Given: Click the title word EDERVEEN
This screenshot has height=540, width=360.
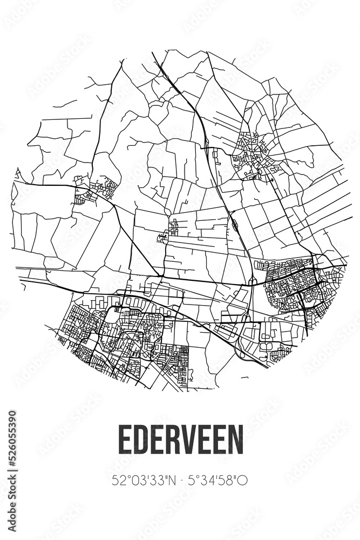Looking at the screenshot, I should tap(180, 440).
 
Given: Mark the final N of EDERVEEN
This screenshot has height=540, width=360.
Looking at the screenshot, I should tap(236, 440).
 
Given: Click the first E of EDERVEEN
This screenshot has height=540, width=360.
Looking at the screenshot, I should tap(125, 440).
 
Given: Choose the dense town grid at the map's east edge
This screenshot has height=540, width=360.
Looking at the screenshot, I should tap(300, 286).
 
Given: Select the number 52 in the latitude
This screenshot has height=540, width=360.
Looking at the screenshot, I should tap(117, 480).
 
